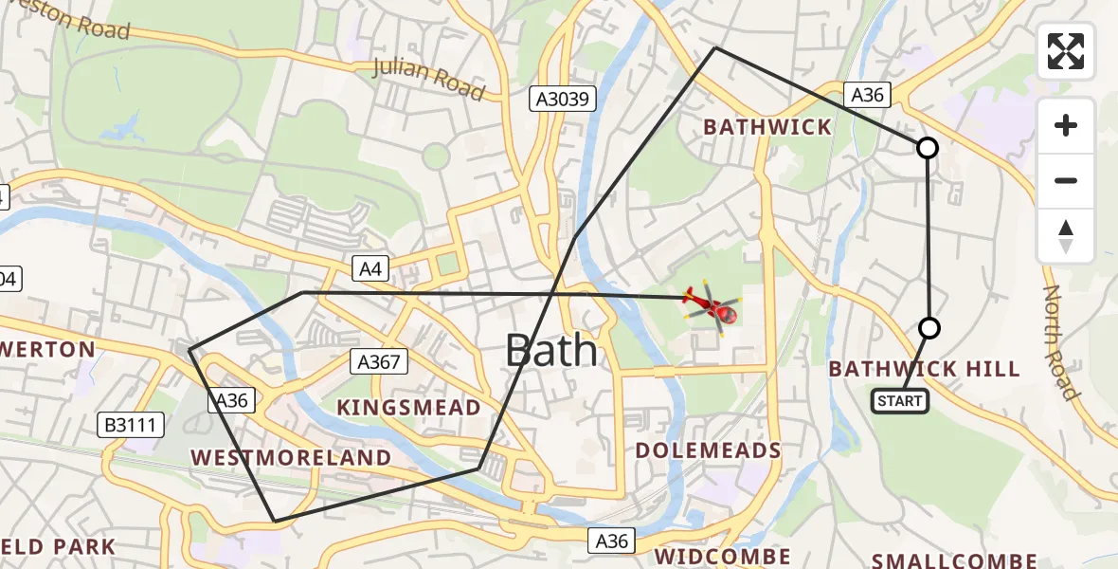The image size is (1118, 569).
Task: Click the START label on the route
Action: click(x=899, y=401)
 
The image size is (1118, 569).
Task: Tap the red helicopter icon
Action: click(x=711, y=305)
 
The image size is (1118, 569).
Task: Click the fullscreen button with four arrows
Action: click(x=1066, y=51)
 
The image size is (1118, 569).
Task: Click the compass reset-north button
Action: click(x=1066, y=236)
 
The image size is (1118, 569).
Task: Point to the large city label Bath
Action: click(x=551, y=351)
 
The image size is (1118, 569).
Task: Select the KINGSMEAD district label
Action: click(x=409, y=408)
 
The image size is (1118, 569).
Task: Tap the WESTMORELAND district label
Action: click(x=291, y=457)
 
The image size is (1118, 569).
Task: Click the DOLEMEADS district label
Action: click(x=709, y=450)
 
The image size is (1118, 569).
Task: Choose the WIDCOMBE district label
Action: click(x=722, y=556)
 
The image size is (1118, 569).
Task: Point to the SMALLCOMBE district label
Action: click(x=954, y=560)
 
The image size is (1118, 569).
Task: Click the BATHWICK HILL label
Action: click(x=924, y=369)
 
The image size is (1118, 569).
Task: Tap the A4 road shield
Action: click(x=370, y=269)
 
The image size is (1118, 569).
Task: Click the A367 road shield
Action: click(x=378, y=360)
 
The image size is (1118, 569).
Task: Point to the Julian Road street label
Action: click(x=429, y=79)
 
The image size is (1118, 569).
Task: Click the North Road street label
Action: click(x=1061, y=341)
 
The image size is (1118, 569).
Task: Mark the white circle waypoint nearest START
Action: click(x=929, y=328)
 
